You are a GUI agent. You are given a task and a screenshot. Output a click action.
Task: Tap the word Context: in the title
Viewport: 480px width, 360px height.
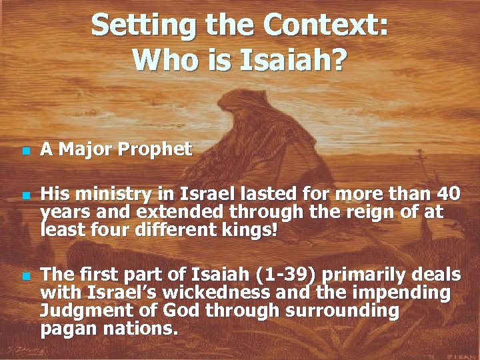point(325,26)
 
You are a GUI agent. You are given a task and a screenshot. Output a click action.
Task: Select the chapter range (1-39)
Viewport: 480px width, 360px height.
point(279,275)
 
